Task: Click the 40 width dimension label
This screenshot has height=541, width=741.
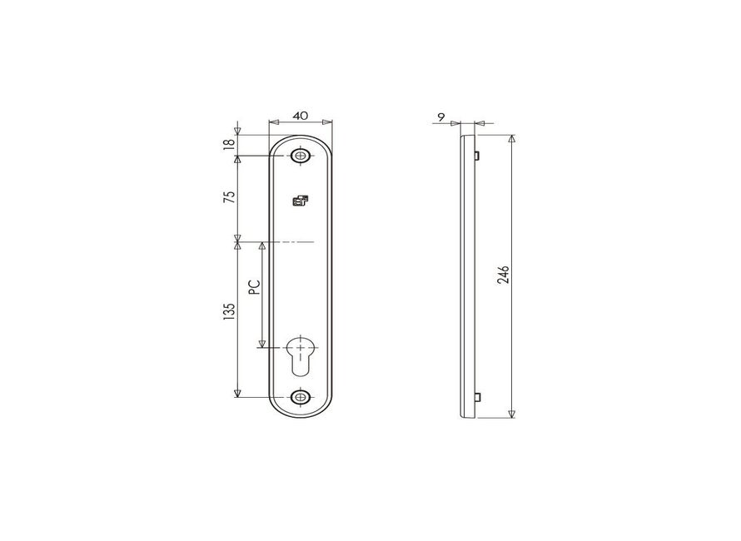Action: (x=301, y=115)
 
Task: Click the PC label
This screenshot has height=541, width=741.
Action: (x=255, y=286)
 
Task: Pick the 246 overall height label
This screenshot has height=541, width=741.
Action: (x=503, y=275)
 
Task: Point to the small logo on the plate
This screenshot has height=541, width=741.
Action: (x=301, y=200)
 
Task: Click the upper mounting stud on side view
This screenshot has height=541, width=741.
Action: (x=476, y=155)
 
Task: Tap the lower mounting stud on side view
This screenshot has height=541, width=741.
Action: (x=476, y=396)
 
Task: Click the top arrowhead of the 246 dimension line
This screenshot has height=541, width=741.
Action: (x=511, y=139)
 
